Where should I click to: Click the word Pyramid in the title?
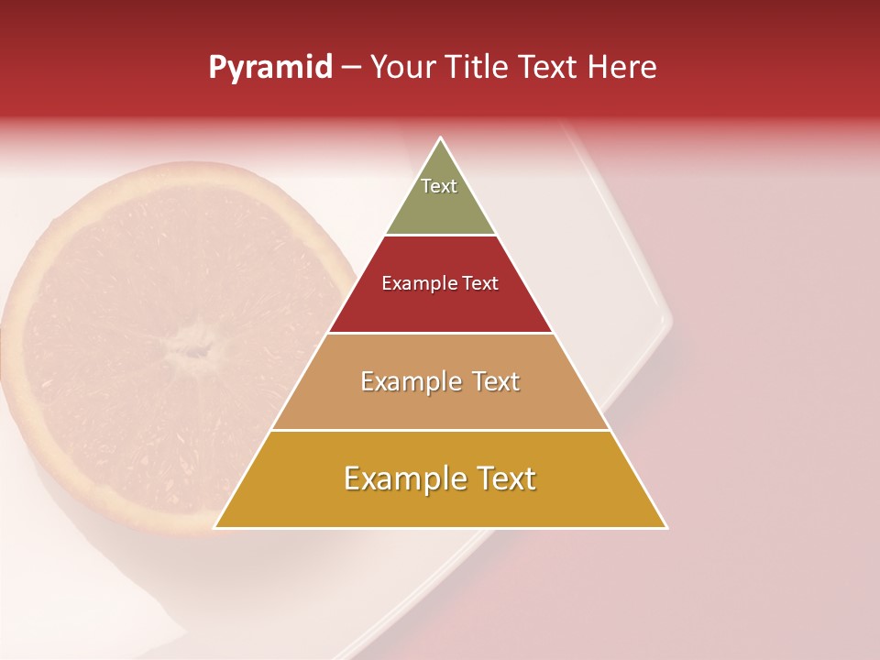tap(269, 68)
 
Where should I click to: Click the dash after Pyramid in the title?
tap(351, 68)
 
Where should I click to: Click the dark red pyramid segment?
tap(440, 307)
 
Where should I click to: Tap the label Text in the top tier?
tap(439, 186)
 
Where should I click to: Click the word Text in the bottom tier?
tap(505, 478)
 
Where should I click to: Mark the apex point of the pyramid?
tap(441, 138)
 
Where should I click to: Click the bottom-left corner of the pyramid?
tap(214, 527)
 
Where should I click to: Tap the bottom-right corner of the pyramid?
tap(666, 527)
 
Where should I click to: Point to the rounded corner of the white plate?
tap(667, 321)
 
